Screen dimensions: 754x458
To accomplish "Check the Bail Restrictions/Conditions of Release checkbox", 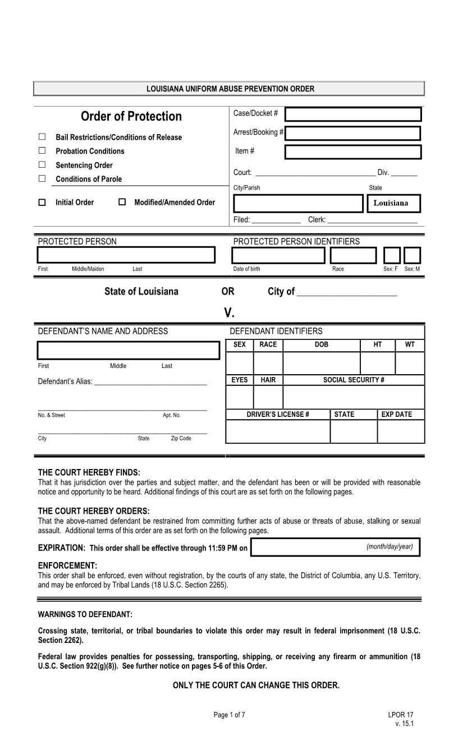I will (x=42, y=137).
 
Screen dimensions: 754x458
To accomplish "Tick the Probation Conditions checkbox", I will (x=42, y=151).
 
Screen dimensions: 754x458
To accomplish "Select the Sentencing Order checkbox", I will (x=42, y=165).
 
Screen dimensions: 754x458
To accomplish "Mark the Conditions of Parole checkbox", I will (x=42, y=179).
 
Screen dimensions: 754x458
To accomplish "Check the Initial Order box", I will (x=42, y=203).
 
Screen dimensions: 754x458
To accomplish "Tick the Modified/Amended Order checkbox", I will (x=122, y=203).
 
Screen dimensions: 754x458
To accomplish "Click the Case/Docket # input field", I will (x=353, y=114).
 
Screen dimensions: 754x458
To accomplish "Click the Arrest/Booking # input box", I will (x=353, y=134).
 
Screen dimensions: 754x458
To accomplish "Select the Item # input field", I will (x=353, y=152).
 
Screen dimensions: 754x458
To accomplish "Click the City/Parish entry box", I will (x=298, y=203).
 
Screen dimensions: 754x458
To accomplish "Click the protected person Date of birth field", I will (x=278, y=255).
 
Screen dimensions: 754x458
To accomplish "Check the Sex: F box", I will (x=392, y=255).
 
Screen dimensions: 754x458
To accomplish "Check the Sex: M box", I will (x=412, y=255).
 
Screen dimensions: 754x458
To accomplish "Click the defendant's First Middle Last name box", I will (x=129, y=350).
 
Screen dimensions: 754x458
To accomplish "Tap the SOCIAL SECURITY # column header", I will (x=354, y=380).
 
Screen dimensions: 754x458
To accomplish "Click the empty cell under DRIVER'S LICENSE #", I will (x=278, y=431).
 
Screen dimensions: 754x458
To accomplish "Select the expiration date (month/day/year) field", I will (x=335, y=548).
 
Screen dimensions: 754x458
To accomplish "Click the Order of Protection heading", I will (x=131, y=116).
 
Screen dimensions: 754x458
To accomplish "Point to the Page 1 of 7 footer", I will (x=229, y=715).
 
